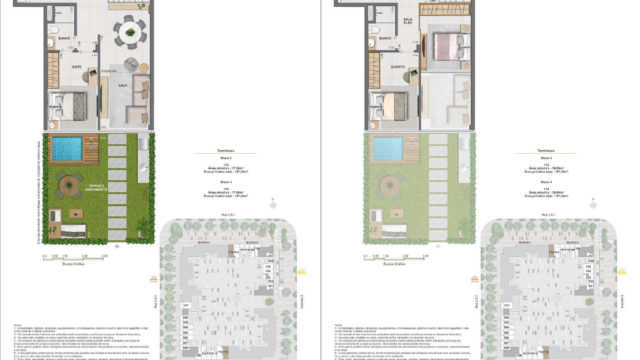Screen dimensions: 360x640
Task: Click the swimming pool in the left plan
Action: [68, 149]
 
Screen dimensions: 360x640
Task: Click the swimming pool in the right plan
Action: [388, 149]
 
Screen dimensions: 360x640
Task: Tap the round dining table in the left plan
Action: [128, 34]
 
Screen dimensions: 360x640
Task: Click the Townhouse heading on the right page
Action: [547, 151]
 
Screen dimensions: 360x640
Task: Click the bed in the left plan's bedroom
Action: [72, 104]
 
